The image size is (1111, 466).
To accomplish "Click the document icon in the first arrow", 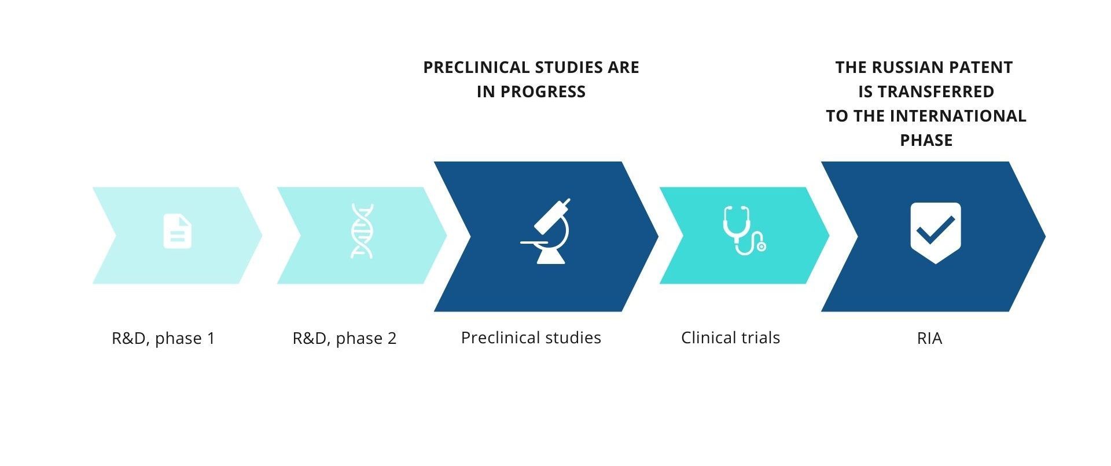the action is coord(177,232).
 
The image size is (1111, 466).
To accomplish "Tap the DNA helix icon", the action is coord(362,231).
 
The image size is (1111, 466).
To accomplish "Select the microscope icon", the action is coord(545,232).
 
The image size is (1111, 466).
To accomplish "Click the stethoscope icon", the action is coord(744,230).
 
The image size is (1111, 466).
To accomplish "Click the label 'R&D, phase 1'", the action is coord(163,338).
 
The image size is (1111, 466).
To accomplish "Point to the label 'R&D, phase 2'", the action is coord(344,338).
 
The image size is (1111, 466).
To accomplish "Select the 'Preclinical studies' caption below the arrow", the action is coord(531,337).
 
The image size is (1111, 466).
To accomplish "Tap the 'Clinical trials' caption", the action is coord(730,337).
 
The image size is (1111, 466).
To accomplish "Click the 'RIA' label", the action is coord(929,338).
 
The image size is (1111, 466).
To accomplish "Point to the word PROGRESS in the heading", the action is coord(543,92).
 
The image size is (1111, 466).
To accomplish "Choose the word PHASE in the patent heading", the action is coord(926,141).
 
